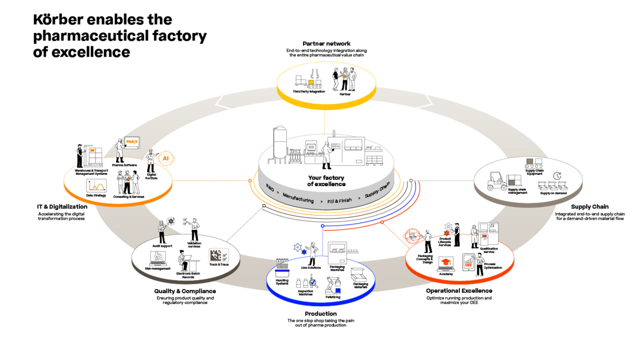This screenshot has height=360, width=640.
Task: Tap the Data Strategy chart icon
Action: (x=97, y=186)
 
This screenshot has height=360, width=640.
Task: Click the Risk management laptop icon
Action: (x=158, y=258)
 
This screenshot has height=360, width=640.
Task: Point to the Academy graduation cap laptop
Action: (x=445, y=263)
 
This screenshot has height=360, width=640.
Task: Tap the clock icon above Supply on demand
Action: (x=557, y=175)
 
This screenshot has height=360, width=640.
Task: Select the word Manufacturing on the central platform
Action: (x=298, y=199)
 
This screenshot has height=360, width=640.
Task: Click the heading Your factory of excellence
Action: (x=326, y=181)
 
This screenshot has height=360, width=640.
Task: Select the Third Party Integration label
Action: (x=309, y=92)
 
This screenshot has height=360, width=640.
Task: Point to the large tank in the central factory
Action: (x=279, y=144)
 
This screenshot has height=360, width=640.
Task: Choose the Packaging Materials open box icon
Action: (x=357, y=274)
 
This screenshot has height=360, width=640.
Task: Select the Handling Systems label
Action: (x=282, y=281)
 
